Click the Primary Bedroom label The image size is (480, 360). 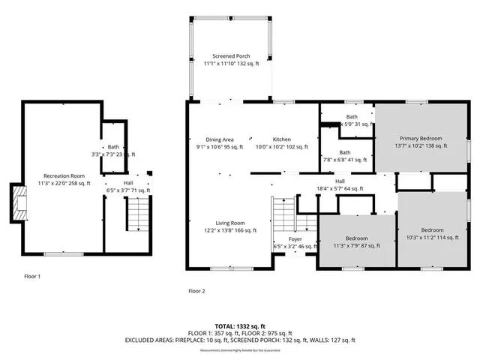[x=421, y=142]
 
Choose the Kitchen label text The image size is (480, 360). [x=282, y=143]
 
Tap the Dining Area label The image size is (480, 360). [x=220, y=143]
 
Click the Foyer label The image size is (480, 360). [x=295, y=242]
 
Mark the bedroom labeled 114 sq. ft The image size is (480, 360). [x=431, y=233]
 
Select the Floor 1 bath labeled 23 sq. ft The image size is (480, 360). [x=113, y=150]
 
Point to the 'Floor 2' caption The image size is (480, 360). [x=196, y=290]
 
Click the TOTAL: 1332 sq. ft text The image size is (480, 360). [x=240, y=327]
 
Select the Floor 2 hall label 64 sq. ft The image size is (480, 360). [x=340, y=184]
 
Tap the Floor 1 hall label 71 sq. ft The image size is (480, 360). [x=128, y=186]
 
